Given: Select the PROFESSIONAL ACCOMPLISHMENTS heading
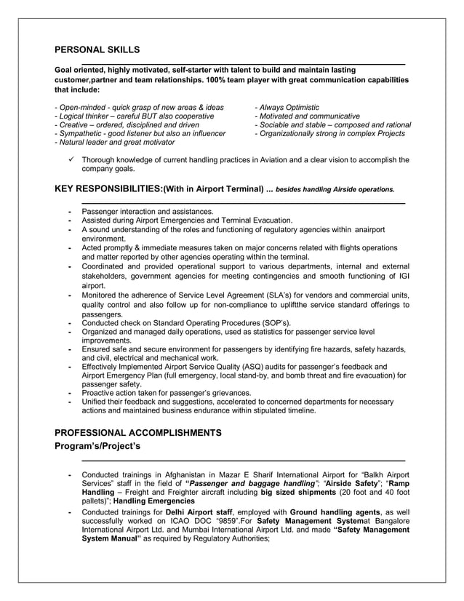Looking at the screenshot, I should click(x=138, y=432).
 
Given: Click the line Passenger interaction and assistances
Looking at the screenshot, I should click(x=148, y=212).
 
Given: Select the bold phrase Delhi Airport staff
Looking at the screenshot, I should click(x=190, y=512).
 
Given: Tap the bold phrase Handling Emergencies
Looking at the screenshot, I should click(x=153, y=501).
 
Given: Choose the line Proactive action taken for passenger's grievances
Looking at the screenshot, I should click(x=167, y=393).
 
